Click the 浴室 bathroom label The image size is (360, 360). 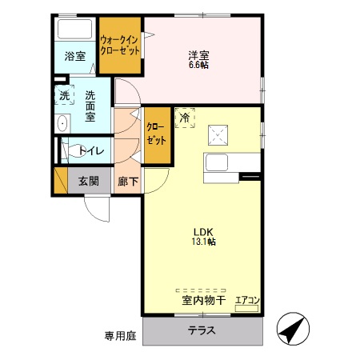point(74,57)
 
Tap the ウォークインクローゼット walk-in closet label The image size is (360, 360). point(120,44)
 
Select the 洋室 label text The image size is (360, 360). point(198,55)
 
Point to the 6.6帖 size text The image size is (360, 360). point(198,66)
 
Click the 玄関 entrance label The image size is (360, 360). point(88,181)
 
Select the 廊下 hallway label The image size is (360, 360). point(127,181)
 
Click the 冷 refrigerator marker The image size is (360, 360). point(184,118)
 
